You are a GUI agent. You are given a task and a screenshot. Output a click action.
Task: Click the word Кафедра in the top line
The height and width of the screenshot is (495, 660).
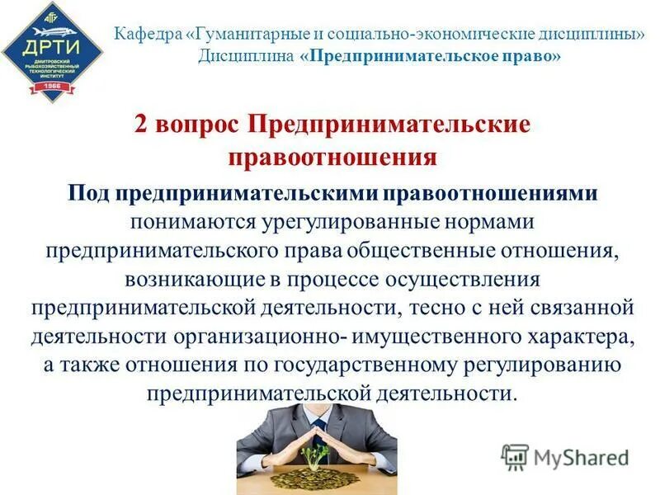click(146, 37)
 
